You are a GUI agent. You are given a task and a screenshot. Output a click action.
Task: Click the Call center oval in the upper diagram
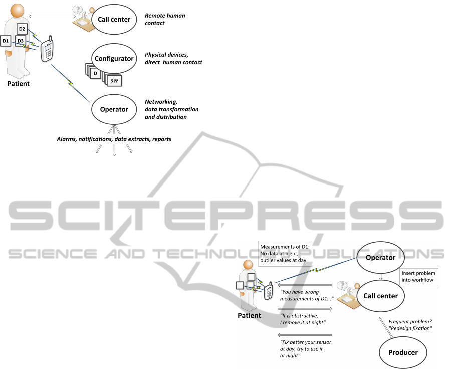114,20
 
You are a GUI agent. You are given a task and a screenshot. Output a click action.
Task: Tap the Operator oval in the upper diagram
114,109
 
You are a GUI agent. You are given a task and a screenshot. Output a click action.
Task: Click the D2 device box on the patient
22,29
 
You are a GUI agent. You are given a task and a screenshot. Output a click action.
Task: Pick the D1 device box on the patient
6,40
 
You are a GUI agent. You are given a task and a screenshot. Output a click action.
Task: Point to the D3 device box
21,40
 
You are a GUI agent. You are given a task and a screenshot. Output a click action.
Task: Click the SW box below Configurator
114,79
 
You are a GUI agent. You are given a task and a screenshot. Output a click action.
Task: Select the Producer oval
403,352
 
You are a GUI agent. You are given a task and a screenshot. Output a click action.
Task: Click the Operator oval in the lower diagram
380,257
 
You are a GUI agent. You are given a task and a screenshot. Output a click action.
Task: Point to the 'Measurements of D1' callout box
285,253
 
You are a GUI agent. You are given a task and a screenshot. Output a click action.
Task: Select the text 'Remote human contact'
164,19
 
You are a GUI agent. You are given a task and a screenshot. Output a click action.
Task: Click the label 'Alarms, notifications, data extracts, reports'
114,139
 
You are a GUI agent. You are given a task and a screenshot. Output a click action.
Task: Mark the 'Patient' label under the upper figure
18,84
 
